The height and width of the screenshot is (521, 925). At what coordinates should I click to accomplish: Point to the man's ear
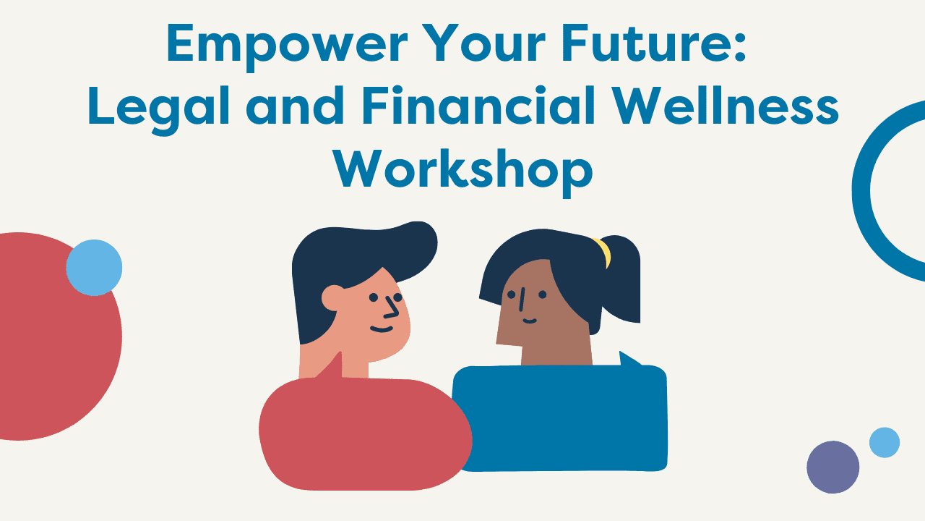[333, 297]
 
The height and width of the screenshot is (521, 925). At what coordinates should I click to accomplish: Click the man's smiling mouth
[381, 329]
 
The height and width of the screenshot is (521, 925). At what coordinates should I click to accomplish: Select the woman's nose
[522, 300]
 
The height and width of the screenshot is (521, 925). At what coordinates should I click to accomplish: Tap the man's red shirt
[366, 432]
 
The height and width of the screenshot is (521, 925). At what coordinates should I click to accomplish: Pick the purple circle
[833, 467]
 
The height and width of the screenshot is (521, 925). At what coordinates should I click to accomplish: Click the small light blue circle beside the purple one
[884, 442]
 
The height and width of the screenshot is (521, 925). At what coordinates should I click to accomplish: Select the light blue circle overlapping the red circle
[94, 268]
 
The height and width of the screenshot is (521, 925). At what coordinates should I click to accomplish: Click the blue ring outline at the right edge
[861, 190]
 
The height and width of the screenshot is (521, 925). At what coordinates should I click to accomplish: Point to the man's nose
[392, 308]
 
